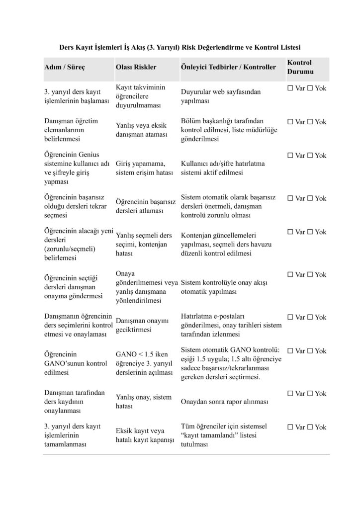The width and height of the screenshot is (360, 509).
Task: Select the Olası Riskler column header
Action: (x=136, y=67)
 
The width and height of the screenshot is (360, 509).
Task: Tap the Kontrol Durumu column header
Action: (x=299, y=67)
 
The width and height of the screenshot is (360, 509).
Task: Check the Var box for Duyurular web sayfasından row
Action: (x=290, y=88)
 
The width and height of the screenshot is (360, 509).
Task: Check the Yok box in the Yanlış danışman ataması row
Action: (x=310, y=122)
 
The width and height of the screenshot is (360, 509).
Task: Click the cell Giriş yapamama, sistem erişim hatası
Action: (x=144, y=168)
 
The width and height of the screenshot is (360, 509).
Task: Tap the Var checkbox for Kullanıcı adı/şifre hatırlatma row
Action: (x=290, y=156)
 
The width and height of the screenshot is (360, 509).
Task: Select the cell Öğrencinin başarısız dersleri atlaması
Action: (x=145, y=206)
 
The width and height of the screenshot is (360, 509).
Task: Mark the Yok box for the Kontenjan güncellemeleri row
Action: (x=310, y=232)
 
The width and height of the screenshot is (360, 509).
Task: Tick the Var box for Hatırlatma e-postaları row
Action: (x=290, y=317)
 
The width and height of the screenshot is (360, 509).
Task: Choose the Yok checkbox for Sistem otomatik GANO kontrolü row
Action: (x=310, y=351)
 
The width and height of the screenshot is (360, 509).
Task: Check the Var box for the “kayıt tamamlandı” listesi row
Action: (x=290, y=427)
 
